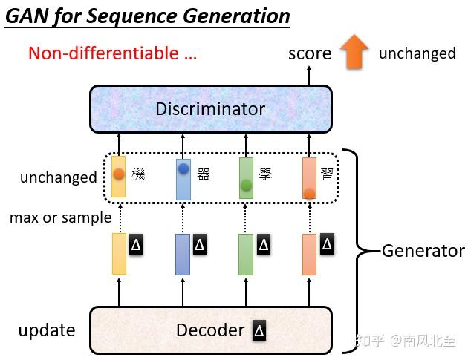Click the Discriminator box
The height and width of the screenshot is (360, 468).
tap(211, 109)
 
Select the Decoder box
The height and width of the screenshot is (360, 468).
tap(211, 330)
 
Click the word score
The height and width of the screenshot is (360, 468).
tap(310, 53)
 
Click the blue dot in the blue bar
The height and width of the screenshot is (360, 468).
tap(183, 168)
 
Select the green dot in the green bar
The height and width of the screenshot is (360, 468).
tap(246, 186)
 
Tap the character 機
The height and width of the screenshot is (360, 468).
tap(138, 174)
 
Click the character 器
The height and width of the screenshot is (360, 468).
tap(204, 174)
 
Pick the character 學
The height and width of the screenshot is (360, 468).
tap(265, 174)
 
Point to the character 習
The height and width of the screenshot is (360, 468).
tap(327, 174)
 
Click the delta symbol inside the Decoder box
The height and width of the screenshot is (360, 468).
tap(259, 330)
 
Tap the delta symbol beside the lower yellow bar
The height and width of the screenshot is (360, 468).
tap(136, 244)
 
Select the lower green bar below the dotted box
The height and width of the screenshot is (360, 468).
tap(246, 255)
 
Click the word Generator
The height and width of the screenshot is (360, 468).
tap(423, 251)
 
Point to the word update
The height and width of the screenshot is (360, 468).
tap(47, 330)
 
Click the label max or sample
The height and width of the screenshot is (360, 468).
tap(61, 217)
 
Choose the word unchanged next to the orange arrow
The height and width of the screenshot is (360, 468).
tap(417, 53)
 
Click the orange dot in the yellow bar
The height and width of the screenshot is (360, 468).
tap(119, 174)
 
